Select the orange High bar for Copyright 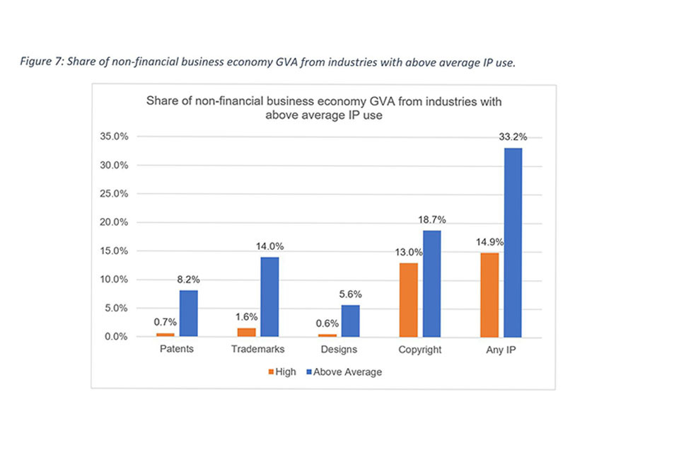(409, 299)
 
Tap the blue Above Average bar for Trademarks (269, 297)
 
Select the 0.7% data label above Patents (165, 323)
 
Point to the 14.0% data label (269, 247)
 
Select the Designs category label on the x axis (339, 350)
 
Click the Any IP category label (500, 350)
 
